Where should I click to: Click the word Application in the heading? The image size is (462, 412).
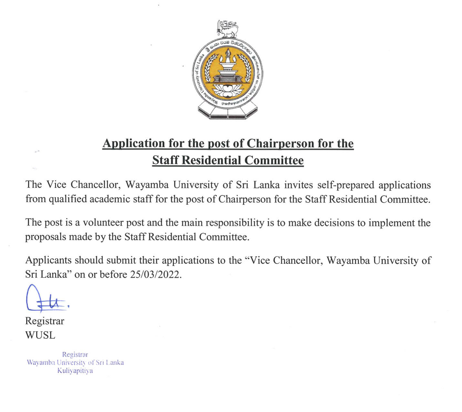click(x=134, y=144)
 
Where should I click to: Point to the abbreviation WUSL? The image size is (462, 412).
click(x=40, y=335)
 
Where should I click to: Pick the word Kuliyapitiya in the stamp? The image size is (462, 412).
click(x=75, y=371)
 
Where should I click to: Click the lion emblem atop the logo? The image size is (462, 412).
click(x=228, y=28)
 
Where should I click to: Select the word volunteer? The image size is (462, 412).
click(x=103, y=223)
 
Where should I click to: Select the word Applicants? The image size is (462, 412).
click(x=48, y=260)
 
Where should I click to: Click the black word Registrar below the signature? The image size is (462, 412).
click(x=45, y=321)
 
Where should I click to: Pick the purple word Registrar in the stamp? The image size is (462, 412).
click(x=75, y=355)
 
